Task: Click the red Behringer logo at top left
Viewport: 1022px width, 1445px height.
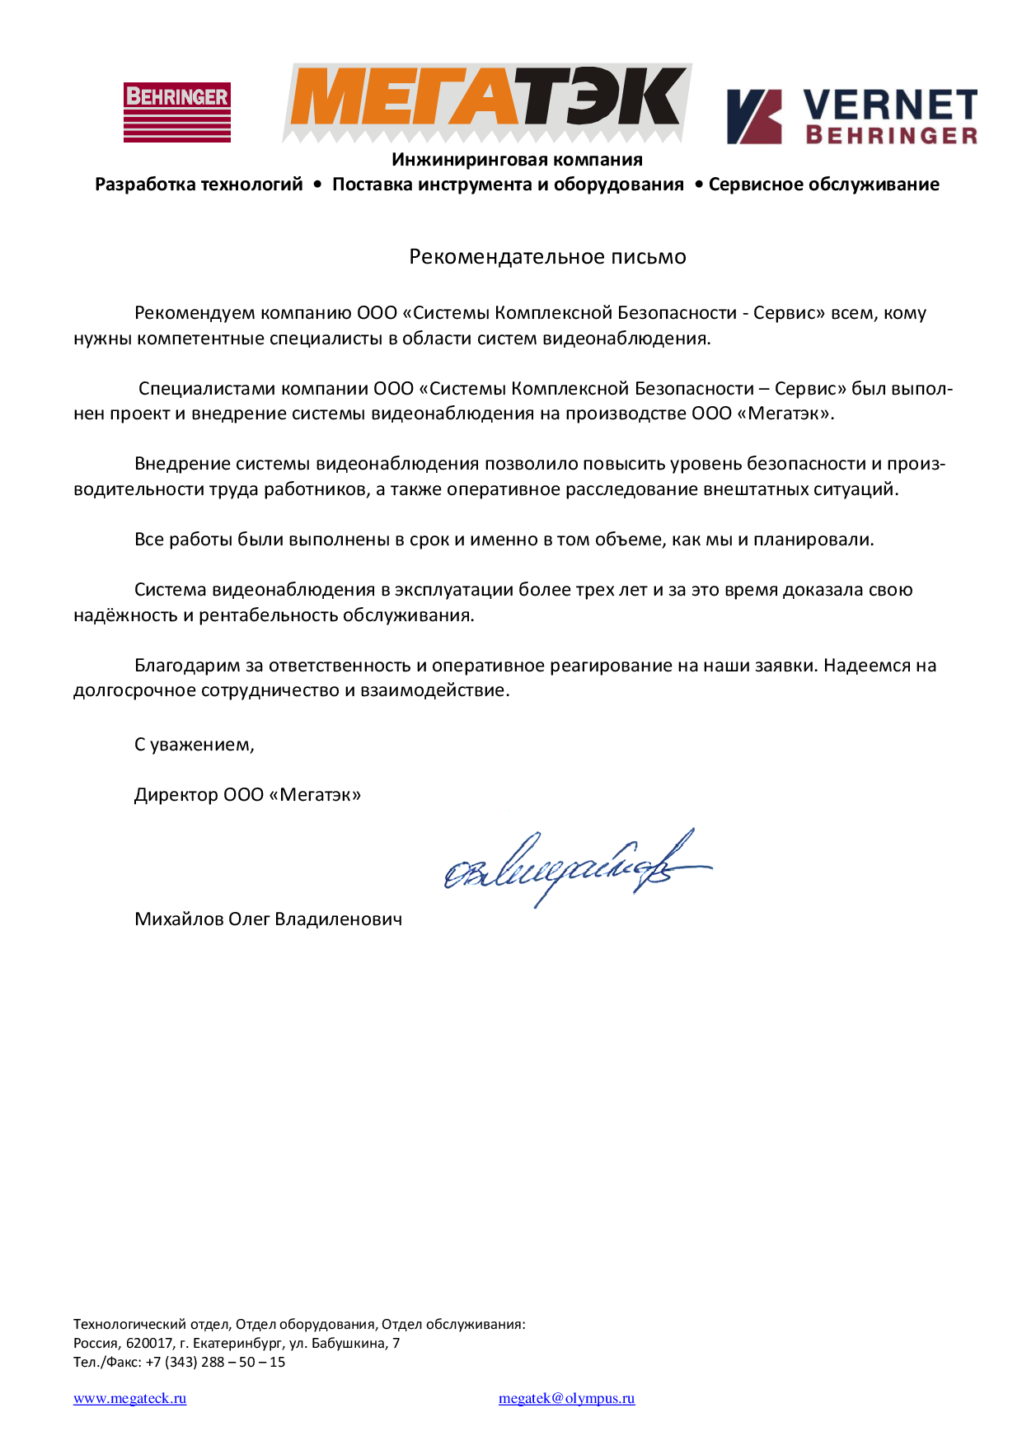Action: [x=177, y=112]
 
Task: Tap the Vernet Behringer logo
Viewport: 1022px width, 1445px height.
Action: [x=851, y=116]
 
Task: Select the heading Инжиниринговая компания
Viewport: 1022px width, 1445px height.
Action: [x=517, y=160]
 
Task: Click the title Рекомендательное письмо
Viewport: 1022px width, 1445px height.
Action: [x=547, y=257]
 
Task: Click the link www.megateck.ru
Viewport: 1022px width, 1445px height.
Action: [x=129, y=1398]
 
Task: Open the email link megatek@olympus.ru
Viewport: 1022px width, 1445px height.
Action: [x=566, y=1398]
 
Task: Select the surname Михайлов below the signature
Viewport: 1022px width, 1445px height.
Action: [x=178, y=919]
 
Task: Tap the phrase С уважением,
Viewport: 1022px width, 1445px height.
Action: [x=195, y=745]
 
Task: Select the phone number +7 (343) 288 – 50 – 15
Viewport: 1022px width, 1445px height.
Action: [x=215, y=1363]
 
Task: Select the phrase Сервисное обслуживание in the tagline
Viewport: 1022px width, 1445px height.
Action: [x=823, y=185]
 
